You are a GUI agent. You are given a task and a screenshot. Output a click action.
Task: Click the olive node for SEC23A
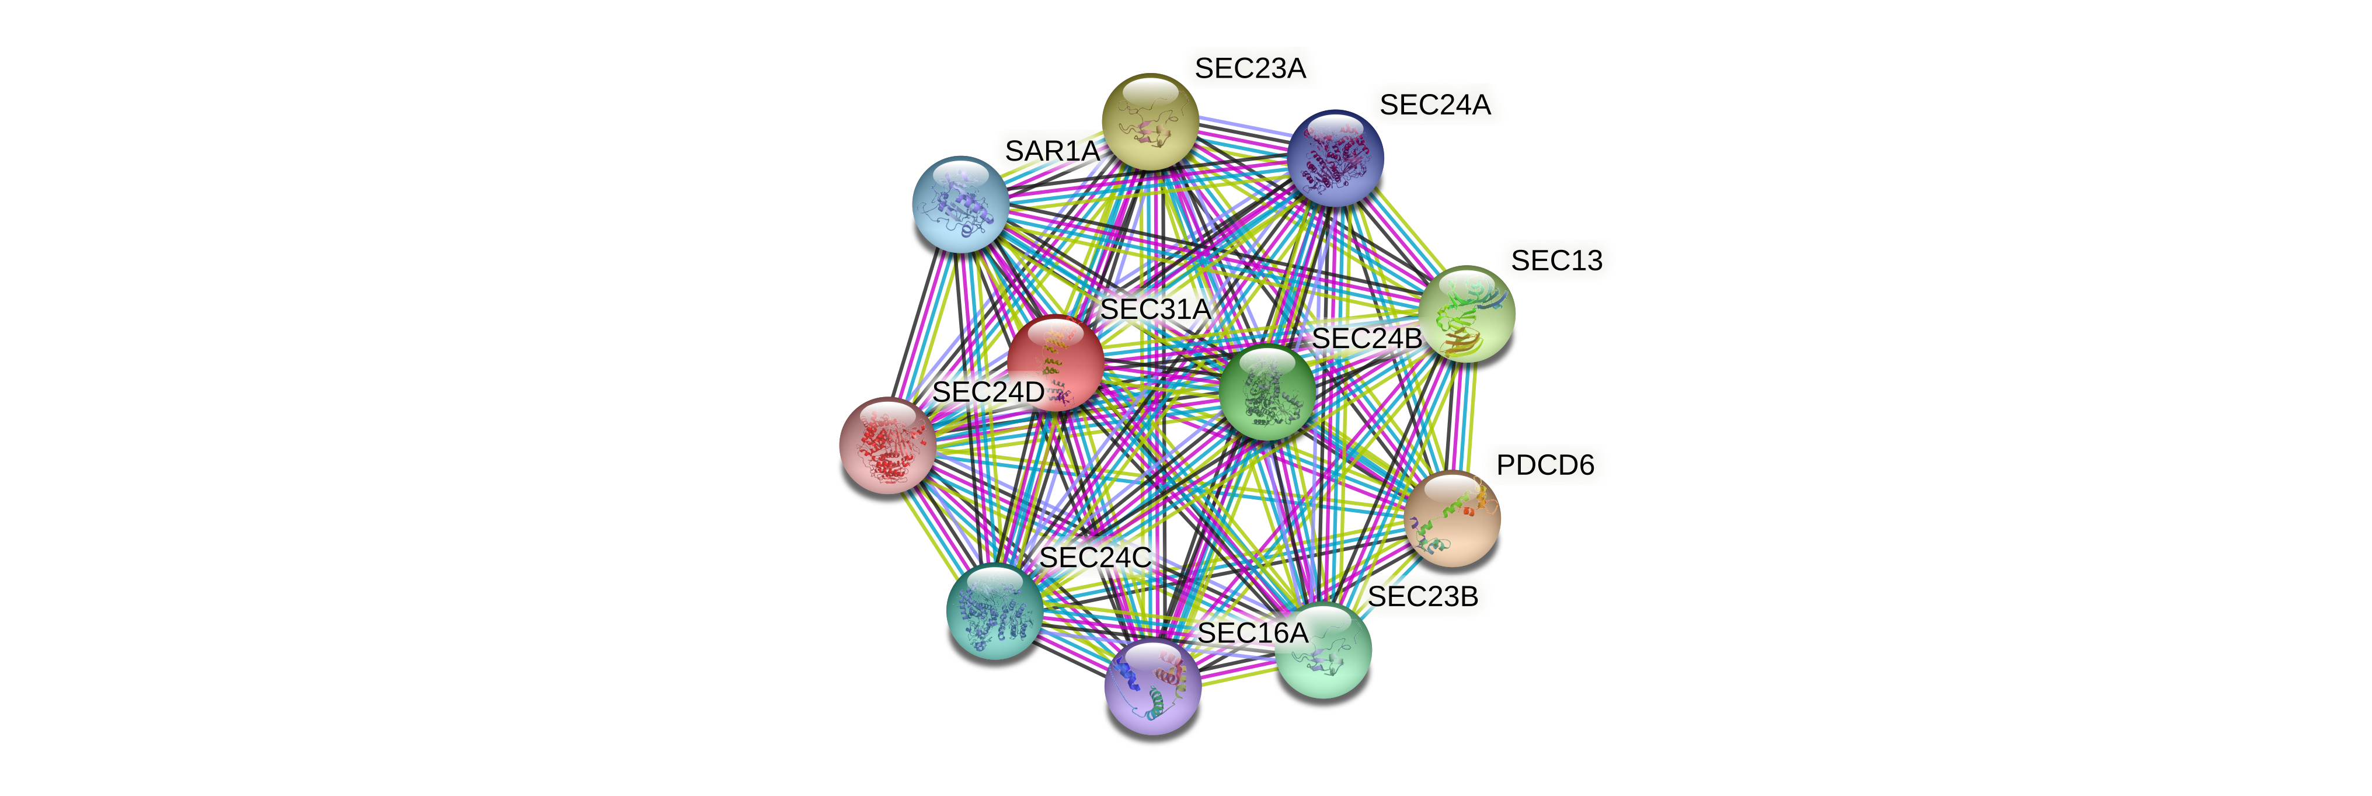(1150, 123)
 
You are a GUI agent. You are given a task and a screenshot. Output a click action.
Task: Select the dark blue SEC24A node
(1335, 158)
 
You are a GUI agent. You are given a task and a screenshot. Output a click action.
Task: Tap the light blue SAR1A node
(959, 204)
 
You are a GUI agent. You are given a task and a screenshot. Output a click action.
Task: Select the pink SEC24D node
(887, 446)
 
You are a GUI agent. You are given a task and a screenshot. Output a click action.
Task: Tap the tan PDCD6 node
(1452, 519)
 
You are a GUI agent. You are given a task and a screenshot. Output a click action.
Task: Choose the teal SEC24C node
(994, 611)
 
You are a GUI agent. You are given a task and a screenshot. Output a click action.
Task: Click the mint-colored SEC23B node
(1323, 651)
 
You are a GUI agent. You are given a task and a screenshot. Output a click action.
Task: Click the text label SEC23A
(1249, 68)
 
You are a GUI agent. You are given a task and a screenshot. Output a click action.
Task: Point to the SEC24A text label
(1434, 105)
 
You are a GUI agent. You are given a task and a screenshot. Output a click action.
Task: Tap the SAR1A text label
(1051, 150)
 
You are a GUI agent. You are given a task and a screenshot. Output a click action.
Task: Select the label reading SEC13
(1556, 260)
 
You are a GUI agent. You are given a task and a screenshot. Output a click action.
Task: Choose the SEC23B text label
(1423, 597)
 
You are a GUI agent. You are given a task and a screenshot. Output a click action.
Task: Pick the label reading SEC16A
(1252, 633)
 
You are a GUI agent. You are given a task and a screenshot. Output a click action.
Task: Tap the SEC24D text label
(988, 391)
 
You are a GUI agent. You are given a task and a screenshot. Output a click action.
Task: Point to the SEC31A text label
(1155, 310)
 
